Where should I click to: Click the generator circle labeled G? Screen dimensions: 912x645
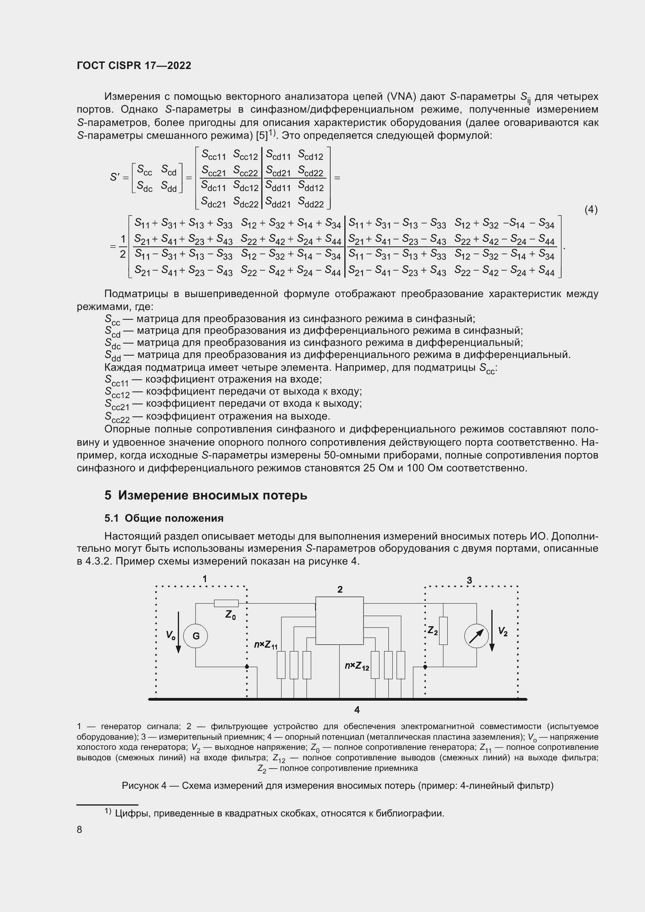pyautogui.click(x=196, y=636)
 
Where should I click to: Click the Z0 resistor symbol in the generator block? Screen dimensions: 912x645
pyautogui.click(x=226, y=603)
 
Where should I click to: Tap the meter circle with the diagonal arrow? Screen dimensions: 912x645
pyautogui.click(x=476, y=636)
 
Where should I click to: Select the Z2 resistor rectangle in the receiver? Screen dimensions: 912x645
pyautogui.click(x=443, y=631)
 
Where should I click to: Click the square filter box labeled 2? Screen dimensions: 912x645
pyautogui.click(x=339, y=620)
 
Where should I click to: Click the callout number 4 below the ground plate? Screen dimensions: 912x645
pyautogui.click(x=357, y=709)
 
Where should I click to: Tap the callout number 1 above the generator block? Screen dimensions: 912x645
pyautogui.click(x=205, y=579)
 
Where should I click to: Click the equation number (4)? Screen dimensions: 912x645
pyautogui.click(x=591, y=209)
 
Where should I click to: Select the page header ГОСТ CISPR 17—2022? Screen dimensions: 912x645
pyautogui.click(x=134, y=66)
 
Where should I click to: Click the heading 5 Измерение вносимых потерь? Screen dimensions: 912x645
pyautogui.click(x=206, y=495)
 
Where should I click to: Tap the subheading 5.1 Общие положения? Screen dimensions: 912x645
pyautogui.click(x=164, y=518)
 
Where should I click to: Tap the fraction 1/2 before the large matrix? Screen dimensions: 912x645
pyautogui.click(x=123, y=246)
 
